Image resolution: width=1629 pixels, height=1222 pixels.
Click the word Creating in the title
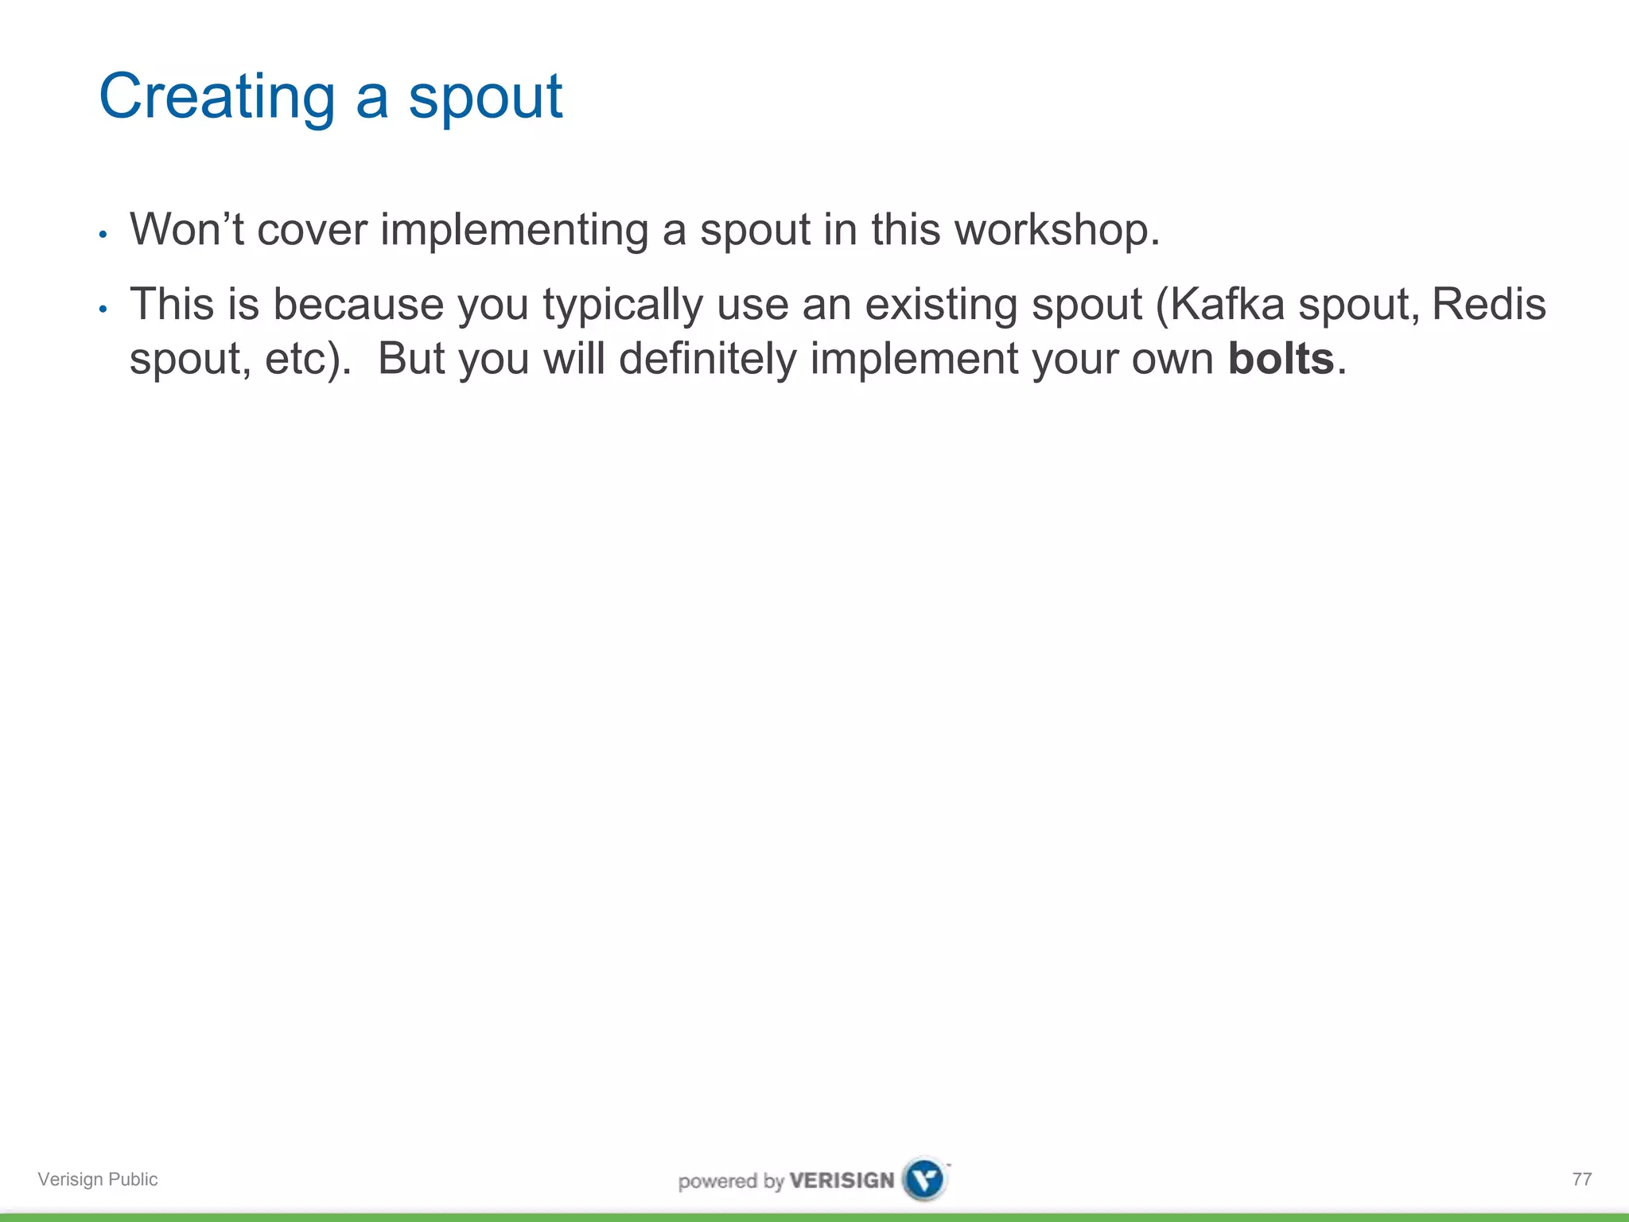[216, 97]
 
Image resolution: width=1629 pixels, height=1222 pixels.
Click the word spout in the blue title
[485, 97]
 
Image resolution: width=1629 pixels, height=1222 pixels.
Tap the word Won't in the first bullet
[187, 229]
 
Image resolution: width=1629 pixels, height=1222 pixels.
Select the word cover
[312, 229]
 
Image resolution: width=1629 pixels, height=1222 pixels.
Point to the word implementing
[514, 229]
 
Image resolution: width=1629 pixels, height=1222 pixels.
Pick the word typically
[623, 305]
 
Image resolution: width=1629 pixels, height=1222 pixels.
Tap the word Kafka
[1227, 305]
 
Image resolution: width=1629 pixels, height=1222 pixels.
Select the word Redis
[1488, 305]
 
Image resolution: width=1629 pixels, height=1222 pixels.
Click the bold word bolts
[1281, 359]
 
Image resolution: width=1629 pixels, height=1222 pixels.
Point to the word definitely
[707, 359]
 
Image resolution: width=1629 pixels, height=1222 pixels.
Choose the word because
[358, 305]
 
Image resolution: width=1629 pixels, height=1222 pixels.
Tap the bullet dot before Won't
[103, 235]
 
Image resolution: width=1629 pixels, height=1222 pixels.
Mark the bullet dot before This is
[103, 309]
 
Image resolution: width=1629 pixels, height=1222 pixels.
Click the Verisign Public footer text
[98, 1179]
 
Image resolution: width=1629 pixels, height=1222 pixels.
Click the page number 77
[1581, 1179]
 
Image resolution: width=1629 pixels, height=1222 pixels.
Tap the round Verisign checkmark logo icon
[925, 1179]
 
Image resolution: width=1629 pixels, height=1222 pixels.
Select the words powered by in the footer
[731, 1181]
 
